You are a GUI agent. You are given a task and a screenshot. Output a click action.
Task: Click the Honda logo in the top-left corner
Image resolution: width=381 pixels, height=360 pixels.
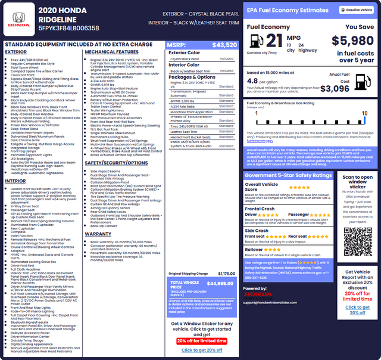(x=20, y=20)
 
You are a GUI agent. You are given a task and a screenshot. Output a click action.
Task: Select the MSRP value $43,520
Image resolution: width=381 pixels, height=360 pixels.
(x=224, y=45)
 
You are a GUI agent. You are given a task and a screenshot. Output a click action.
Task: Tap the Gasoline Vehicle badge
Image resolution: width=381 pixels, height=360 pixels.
(x=356, y=10)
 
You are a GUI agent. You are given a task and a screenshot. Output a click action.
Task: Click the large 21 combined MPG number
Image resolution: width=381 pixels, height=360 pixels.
(x=274, y=41)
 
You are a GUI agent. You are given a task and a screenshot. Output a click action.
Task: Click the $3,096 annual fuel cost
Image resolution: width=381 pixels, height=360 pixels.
(x=351, y=89)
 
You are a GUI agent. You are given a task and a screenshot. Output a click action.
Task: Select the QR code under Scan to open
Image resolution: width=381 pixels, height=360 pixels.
(x=357, y=241)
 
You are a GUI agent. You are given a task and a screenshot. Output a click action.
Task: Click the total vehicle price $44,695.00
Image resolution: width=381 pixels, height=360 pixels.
(x=220, y=283)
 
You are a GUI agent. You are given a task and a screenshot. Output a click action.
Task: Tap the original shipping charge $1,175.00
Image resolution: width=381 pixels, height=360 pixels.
(x=226, y=274)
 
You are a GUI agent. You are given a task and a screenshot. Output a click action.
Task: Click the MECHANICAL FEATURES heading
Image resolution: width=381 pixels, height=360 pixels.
(x=111, y=52)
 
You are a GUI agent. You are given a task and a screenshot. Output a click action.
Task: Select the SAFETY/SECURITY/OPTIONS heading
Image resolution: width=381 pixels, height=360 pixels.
(x=116, y=163)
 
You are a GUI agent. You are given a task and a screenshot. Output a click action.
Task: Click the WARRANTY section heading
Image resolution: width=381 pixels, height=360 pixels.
(x=98, y=234)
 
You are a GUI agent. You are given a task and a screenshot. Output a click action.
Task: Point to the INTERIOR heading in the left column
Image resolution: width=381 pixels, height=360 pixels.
(x=15, y=181)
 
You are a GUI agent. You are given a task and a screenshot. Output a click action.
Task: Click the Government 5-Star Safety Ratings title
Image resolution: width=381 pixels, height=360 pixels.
(x=288, y=176)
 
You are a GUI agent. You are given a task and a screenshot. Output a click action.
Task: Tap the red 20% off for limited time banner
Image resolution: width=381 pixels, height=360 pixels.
(x=201, y=341)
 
